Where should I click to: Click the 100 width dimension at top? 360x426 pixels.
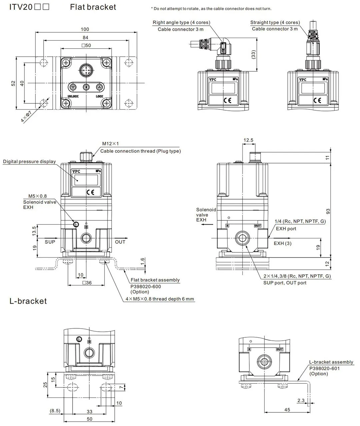pyautogui.click(x=85, y=29)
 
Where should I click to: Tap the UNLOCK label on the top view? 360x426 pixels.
pyautogui.click(x=73, y=97)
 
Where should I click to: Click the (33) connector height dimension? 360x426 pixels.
pyautogui.click(x=253, y=54)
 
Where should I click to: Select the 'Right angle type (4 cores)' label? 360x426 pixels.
pyautogui.click(x=181, y=23)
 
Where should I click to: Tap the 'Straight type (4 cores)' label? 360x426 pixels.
pyautogui.click(x=275, y=22)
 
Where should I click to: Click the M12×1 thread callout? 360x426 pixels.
pyautogui.click(x=110, y=144)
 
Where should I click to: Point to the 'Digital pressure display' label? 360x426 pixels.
pyautogui.click(x=29, y=162)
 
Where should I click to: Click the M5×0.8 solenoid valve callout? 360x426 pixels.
pyautogui.click(x=38, y=196)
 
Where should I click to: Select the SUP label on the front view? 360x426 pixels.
pyautogui.click(x=50, y=242)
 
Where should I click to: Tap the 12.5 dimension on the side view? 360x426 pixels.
pyautogui.click(x=248, y=140)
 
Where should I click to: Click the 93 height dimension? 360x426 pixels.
pyautogui.click(x=328, y=211)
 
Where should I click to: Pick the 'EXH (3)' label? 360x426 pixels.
pyautogui.click(x=282, y=243)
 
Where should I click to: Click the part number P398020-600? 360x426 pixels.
pyautogui.click(x=146, y=286)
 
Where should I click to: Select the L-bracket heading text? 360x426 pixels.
pyautogui.click(x=28, y=301)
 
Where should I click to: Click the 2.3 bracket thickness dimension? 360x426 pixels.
pyautogui.click(x=301, y=400)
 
